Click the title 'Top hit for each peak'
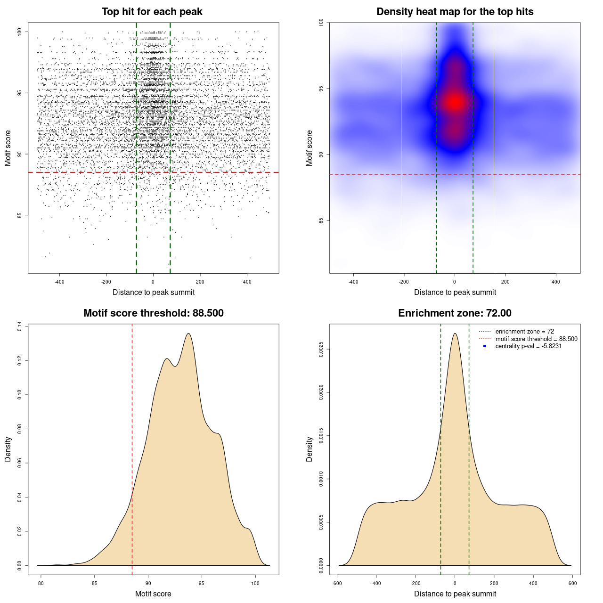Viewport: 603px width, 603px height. pos(152,12)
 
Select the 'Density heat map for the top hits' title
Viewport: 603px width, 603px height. pos(455,12)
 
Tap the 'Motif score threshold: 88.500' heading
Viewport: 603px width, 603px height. pos(153,313)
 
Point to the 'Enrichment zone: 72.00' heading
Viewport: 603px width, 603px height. pos(455,313)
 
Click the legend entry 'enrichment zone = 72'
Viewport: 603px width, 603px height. pos(524,332)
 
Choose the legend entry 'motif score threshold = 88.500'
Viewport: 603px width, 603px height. pos(536,339)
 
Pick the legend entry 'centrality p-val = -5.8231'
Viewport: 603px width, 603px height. pos(528,346)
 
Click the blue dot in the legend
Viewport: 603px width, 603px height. pos(485,346)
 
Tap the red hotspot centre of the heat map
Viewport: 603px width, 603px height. pos(455,102)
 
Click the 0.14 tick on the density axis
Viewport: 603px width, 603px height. pos(19,326)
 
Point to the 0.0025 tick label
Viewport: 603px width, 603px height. pos(321,349)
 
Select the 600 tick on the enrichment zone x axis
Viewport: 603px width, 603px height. pos(572,583)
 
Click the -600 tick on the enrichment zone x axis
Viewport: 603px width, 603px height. pos(337,583)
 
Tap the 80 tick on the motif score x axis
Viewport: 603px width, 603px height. pos(41,583)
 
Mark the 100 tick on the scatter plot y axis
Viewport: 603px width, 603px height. pos(19,32)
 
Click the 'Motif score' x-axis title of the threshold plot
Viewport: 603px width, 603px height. pos(153,594)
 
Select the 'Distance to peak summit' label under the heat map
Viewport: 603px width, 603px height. pos(455,292)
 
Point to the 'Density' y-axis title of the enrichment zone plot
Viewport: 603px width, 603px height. pos(310,449)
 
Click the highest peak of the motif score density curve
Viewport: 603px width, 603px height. pos(188,334)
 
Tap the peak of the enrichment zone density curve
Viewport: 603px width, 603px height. pos(455,334)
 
